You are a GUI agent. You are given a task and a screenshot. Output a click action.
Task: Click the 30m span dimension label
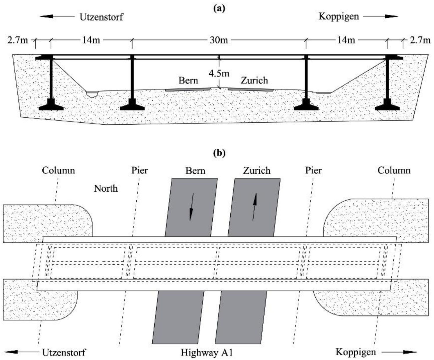pyautogui.click(x=219, y=40)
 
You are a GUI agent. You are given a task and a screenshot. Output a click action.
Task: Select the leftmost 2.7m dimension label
pyautogui.click(x=18, y=40)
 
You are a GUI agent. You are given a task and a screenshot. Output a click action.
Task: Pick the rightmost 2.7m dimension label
pyautogui.click(x=420, y=40)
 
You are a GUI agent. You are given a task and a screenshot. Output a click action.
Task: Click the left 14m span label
pyautogui.click(x=91, y=40)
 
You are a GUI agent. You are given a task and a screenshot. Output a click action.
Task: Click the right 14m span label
pyautogui.click(x=346, y=40)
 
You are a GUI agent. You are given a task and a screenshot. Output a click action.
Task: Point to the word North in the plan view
pyautogui.click(x=106, y=188)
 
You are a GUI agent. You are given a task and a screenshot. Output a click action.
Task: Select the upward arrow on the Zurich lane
pyautogui.click(x=254, y=207)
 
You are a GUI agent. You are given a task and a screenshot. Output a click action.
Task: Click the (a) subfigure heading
pyautogui.click(x=219, y=8)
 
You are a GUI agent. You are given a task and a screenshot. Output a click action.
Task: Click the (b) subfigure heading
pyautogui.click(x=219, y=153)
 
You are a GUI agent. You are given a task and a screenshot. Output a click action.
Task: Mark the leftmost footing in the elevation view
pyautogui.click(x=51, y=106)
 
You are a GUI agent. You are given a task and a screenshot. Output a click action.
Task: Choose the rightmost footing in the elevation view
pyautogui.click(x=387, y=106)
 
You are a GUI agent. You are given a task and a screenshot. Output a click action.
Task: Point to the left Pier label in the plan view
pyautogui.click(x=140, y=170)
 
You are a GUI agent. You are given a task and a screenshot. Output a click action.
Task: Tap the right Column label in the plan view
pyautogui.click(x=394, y=170)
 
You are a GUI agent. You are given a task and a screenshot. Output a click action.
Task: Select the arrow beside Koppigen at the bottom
pyautogui.click(x=399, y=352)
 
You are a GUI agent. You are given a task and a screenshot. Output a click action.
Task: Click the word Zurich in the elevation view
pyautogui.click(x=254, y=80)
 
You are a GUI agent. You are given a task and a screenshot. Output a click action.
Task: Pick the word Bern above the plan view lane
pyautogui.click(x=195, y=170)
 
